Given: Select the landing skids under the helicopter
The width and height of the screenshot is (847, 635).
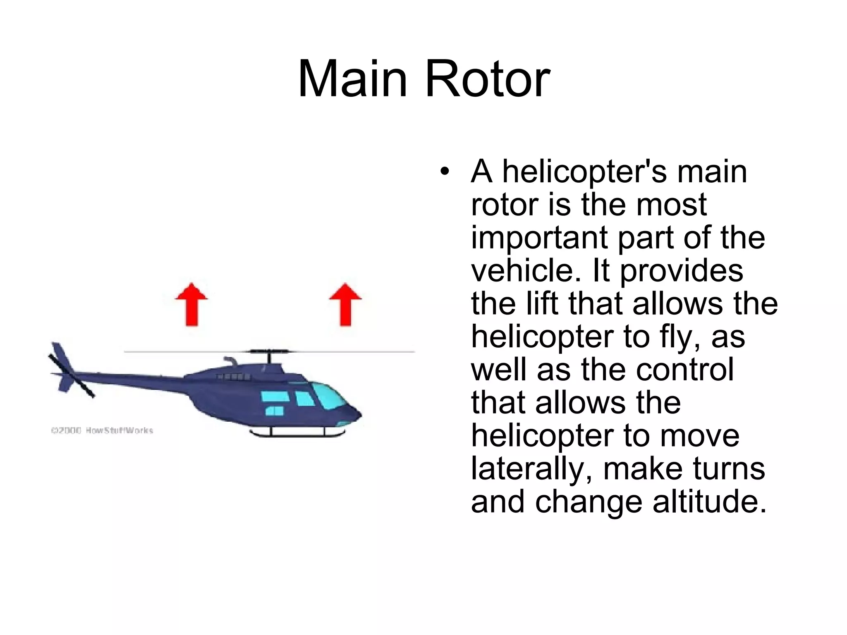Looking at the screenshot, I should point(298,433).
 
